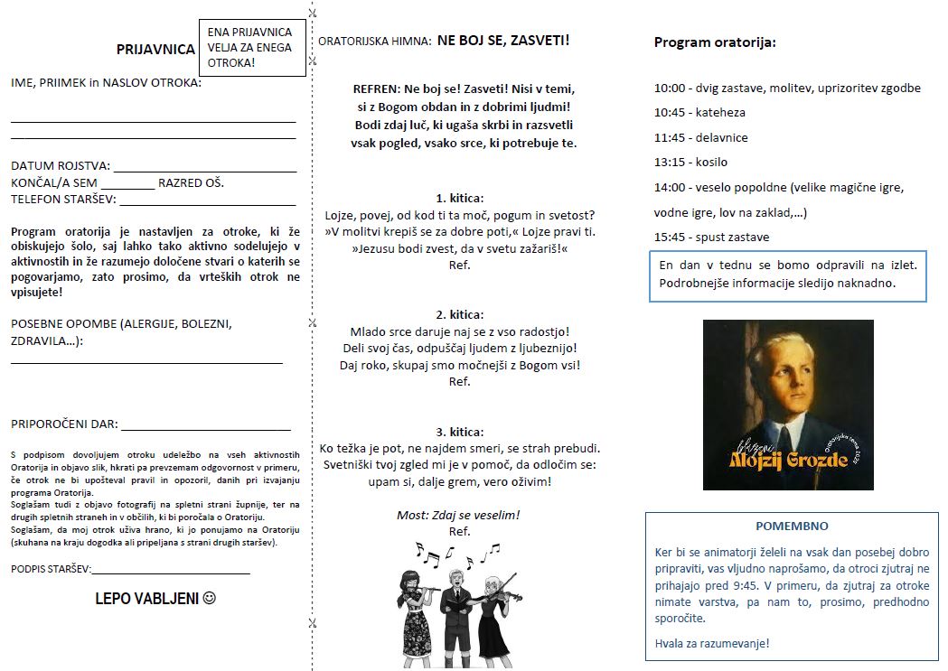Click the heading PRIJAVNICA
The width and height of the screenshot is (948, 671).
155,50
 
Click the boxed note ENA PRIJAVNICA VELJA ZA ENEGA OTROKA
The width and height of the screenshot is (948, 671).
250,48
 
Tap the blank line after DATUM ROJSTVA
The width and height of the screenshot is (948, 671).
204,169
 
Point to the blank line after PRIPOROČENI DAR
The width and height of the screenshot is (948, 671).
205,428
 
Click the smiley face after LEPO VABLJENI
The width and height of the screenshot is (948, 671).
210,599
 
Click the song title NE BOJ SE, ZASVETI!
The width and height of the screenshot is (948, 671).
503,41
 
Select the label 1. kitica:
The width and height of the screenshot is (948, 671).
459,198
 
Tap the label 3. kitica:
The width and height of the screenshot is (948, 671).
459,432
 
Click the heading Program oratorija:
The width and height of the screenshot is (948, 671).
715,42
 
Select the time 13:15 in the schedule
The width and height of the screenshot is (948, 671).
670,163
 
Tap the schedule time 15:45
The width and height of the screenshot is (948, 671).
670,238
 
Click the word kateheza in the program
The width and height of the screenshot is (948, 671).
720,113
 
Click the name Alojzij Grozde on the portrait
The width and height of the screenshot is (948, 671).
788,460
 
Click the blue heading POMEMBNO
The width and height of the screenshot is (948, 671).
791,526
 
